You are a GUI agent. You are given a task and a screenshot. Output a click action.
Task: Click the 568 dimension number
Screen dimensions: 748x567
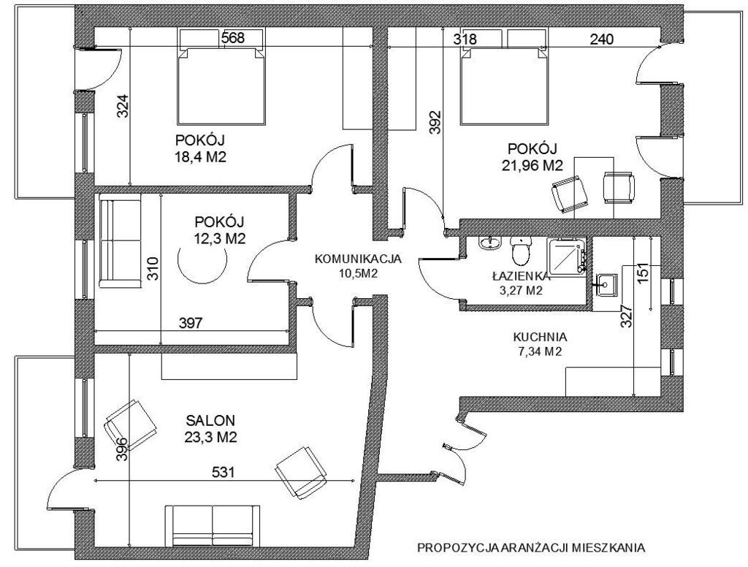[x=233, y=38]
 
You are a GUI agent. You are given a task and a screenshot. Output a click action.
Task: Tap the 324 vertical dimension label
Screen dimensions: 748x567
[x=123, y=107]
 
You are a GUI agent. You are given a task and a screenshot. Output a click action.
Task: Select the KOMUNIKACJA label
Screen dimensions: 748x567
[x=358, y=259]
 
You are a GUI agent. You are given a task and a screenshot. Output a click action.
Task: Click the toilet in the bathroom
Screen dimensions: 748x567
[x=520, y=250]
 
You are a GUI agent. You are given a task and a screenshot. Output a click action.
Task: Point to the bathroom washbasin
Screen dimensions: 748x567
[x=489, y=243]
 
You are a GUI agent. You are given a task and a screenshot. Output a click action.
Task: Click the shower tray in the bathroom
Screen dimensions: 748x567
[x=567, y=256]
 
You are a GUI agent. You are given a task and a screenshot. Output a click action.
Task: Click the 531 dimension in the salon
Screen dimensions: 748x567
[x=224, y=473]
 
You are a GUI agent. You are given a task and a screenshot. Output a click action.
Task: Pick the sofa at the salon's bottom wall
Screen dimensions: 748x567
[x=213, y=525]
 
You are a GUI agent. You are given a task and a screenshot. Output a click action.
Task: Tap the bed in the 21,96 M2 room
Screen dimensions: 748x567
[x=503, y=77]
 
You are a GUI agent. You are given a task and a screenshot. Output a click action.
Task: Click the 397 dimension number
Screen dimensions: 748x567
[x=191, y=323]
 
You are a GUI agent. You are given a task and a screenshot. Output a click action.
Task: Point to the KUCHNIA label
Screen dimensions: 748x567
[x=540, y=337]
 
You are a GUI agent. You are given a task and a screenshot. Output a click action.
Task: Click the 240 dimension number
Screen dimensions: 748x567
[x=602, y=39]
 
